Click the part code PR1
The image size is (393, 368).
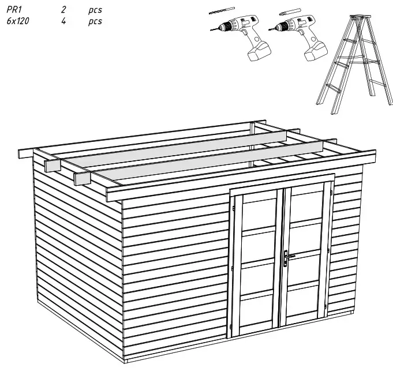coord(13,10)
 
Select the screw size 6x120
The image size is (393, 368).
coord(18,21)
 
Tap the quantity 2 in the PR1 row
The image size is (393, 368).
coord(63,10)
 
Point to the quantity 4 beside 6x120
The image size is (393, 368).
coord(63,21)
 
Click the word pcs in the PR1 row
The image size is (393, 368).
coord(95,10)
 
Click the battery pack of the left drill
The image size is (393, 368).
coord(257,52)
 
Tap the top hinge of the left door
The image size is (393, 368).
coord(233,208)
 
